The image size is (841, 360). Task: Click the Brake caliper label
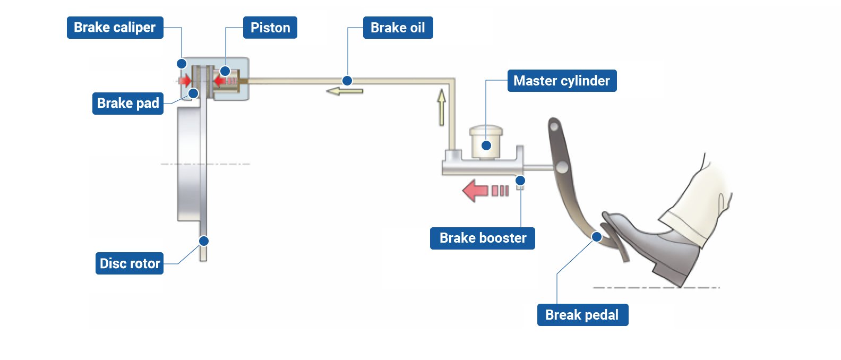coord(115,28)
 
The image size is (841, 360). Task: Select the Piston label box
coord(270,28)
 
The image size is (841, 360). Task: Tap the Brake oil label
coord(398,28)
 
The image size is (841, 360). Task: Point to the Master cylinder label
coord(562,81)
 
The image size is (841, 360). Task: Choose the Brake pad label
coord(128,103)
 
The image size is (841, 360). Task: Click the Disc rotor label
coord(130,263)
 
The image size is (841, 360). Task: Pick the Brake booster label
coord(483,238)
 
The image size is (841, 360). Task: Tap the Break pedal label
coord(582,315)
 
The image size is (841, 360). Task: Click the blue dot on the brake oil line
coord(347,81)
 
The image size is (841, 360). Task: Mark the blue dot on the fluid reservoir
coord(486,145)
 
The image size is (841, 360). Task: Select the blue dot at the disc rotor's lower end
coord(204,241)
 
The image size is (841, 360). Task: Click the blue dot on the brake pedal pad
coord(597,237)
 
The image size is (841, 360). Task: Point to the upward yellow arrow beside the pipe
coord(441,107)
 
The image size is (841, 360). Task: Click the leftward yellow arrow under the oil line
coord(345,91)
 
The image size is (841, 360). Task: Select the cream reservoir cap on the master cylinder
coord(486,131)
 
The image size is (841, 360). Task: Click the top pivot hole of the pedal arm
coord(554,127)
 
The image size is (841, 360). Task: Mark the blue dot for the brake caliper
coord(182,64)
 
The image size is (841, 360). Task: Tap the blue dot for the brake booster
coord(520,181)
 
